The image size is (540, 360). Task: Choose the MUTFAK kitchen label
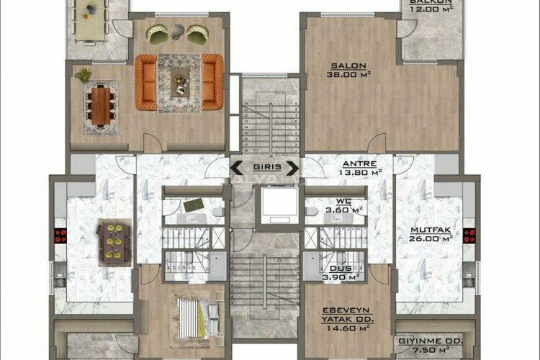[431, 231]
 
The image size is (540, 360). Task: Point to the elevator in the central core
[277, 204]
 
